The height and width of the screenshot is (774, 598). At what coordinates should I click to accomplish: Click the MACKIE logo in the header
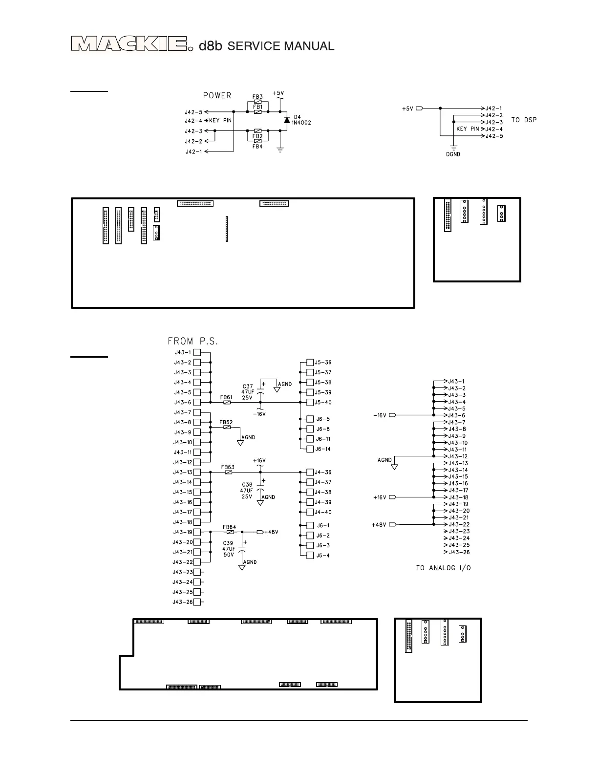(129, 44)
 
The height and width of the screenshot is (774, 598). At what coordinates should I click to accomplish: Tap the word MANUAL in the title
(309, 46)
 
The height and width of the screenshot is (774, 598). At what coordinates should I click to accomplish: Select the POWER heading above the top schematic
(217, 95)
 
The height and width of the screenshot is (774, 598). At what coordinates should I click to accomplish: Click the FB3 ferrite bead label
(257, 97)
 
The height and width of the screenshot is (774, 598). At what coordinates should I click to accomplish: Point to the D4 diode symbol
(286, 120)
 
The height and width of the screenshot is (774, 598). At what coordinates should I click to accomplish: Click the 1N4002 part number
(301, 123)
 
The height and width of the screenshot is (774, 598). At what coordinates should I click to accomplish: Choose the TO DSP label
(524, 120)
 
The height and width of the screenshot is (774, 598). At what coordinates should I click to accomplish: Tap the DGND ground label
(453, 154)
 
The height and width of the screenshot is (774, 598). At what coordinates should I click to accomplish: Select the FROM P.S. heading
(193, 341)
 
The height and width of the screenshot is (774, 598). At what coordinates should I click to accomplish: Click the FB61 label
(226, 397)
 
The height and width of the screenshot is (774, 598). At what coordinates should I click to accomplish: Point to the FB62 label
(226, 422)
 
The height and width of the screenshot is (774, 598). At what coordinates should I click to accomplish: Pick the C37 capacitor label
(248, 387)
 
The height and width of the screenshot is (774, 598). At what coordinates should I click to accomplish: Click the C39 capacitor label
(228, 543)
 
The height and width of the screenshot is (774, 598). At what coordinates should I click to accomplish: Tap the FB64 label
(229, 527)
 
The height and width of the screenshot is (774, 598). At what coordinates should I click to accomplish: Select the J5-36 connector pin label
(322, 363)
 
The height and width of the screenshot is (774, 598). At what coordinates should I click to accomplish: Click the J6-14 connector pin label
(322, 449)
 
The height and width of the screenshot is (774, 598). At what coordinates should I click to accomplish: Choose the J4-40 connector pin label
(322, 512)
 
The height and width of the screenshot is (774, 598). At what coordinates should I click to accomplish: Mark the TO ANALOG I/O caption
(443, 568)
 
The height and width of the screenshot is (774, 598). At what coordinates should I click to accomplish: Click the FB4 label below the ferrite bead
(257, 147)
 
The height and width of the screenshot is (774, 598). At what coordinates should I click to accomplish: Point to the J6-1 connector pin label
(322, 526)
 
